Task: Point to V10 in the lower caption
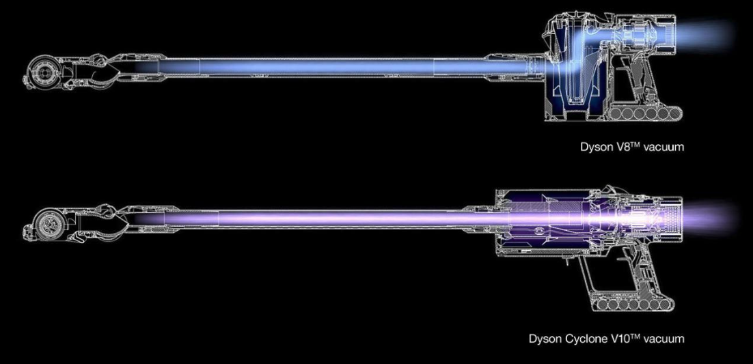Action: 608,339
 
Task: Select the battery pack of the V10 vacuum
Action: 634,304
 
